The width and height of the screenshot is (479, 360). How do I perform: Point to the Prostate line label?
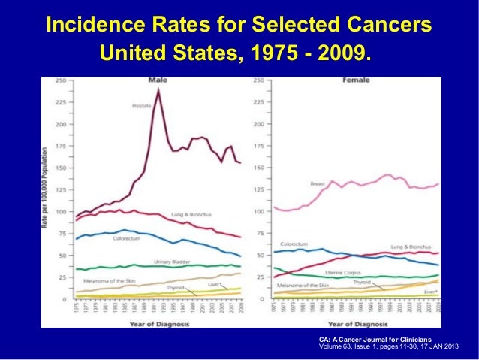pyautogui.click(x=142, y=106)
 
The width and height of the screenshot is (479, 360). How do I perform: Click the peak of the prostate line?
pyautogui.click(x=158, y=89)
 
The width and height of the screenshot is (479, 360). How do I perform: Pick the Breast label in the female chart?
pyautogui.click(x=318, y=183)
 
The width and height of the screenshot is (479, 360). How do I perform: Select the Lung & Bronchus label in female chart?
pyautogui.click(x=411, y=246)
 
